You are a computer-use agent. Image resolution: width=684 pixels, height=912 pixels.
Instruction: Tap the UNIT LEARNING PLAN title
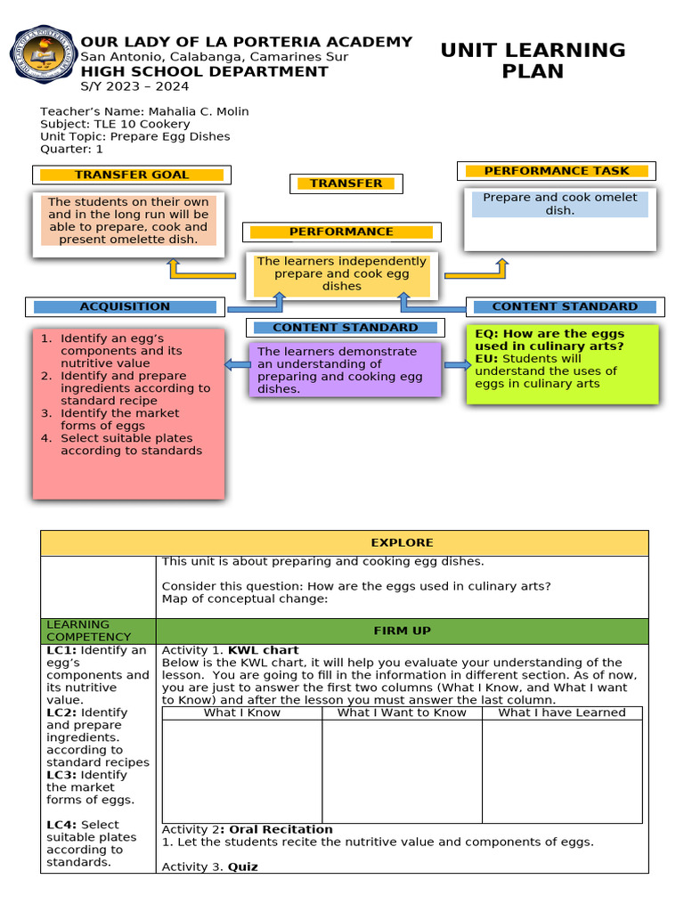pyautogui.click(x=533, y=61)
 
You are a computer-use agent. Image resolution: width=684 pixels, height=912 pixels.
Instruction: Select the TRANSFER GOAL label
pyautogui.click(x=132, y=175)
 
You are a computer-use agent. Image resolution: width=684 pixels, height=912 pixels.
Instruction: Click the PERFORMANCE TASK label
pyautogui.click(x=556, y=171)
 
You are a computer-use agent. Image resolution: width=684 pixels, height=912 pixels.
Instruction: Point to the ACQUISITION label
pyautogui.click(x=125, y=306)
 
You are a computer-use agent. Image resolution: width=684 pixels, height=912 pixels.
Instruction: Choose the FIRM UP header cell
pyautogui.click(x=402, y=631)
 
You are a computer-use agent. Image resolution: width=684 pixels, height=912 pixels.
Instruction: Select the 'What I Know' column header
pyautogui.click(x=241, y=712)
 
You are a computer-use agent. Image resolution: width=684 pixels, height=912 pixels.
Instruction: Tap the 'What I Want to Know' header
pyautogui.click(x=402, y=712)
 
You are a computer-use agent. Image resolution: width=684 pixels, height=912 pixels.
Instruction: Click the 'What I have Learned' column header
pyautogui.click(x=561, y=712)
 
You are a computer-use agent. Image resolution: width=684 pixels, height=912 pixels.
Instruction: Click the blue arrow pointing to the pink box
pyautogui.click(x=237, y=363)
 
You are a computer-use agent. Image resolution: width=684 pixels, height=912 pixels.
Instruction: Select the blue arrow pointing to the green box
pyautogui.click(x=457, y=364)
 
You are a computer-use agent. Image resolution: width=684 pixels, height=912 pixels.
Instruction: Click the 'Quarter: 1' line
pyautogui.click(x=71, y=149)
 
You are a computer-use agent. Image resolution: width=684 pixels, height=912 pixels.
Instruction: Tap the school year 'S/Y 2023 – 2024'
pyautogui.click(x=134, y=86)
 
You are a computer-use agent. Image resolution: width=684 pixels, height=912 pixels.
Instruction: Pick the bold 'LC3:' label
pyautogui.click(x=61, y=775)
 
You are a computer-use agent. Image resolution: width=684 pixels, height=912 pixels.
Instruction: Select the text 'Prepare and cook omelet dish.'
pyautogui.click(x=559, y=204)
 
